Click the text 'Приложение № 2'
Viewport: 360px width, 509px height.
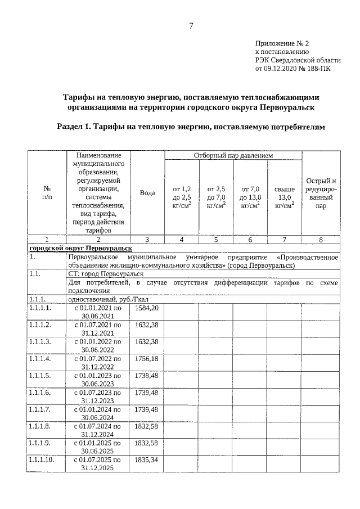(282, 43)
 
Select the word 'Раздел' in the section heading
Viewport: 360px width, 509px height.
(74, 127)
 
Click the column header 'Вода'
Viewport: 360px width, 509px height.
(147, 192)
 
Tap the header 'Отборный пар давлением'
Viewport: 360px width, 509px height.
(233, 155)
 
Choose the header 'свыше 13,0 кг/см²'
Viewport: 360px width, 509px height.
(284, 197)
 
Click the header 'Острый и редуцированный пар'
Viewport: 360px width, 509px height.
(321, 193)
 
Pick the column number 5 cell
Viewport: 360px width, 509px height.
(216, 240)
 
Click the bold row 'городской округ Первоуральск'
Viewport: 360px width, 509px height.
(80, 248)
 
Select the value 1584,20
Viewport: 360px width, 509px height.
(147, 308)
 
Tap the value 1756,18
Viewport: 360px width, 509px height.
(147, 358)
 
